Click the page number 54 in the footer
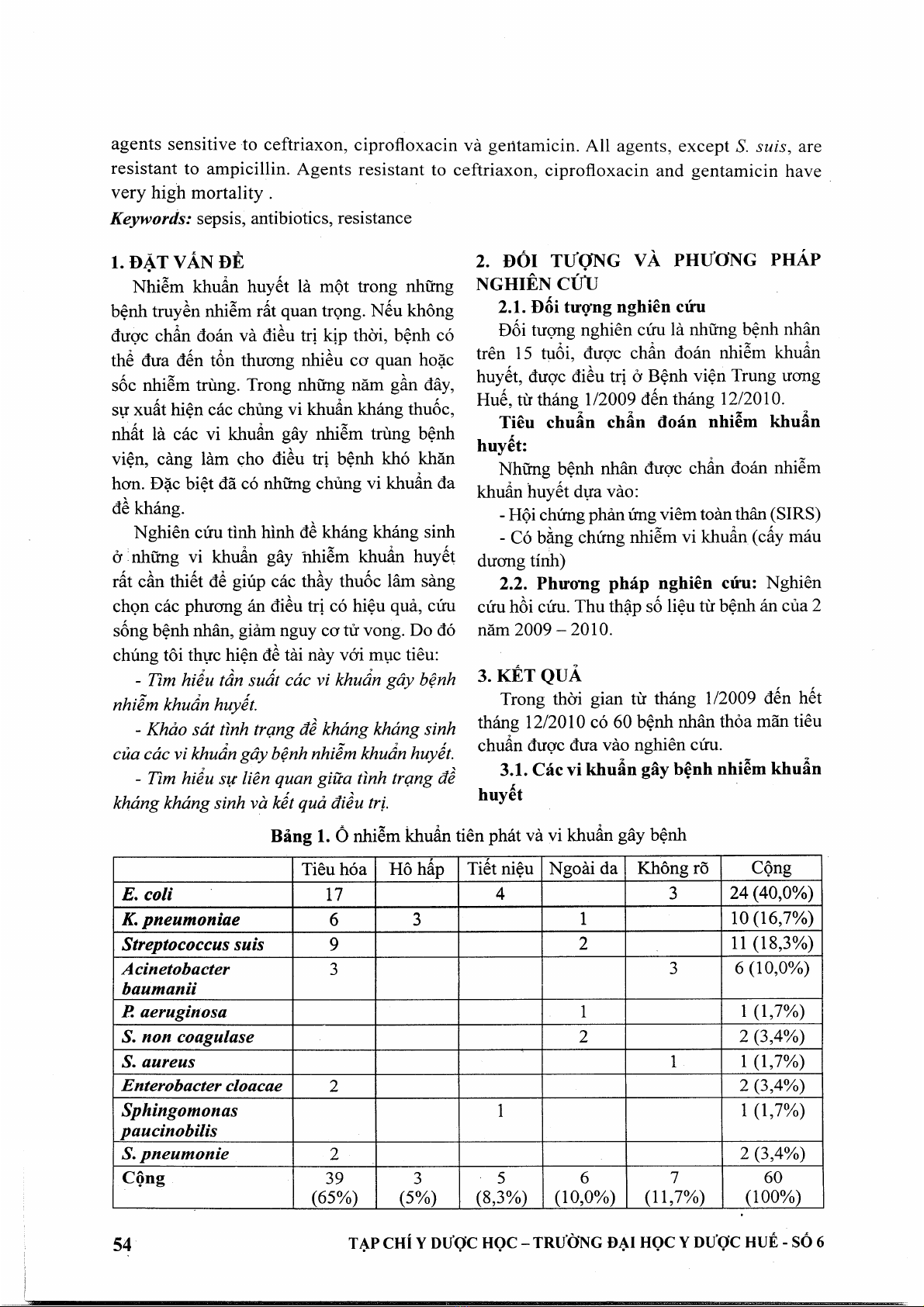pos(122,1243)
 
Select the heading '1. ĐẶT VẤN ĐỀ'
pos(178,261)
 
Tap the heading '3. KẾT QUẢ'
pos(530,676)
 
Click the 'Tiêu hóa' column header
pos(334,869)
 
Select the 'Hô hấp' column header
pos(417,869)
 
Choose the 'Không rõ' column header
pos(673,869)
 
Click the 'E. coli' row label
pos(147,894)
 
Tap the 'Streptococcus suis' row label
pos(193,944)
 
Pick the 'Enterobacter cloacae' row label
pos(202,1085)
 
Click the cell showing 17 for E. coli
pos(334,894)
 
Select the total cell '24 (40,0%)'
pos(771,894)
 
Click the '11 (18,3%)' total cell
pos(771,943)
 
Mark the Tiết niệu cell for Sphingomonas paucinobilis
pos(500,1111)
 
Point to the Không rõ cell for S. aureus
pos(673,1061)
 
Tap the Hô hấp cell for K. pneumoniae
pos(417,919)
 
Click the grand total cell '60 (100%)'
pos(773,1188)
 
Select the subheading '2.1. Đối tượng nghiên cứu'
pos(603,306)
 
